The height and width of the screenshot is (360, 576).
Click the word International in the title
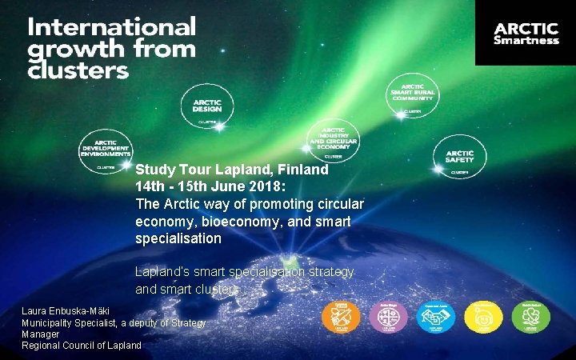pyautogui.click(x=112, y=27)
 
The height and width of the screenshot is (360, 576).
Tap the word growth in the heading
pyautogui.click(x=67, y=50)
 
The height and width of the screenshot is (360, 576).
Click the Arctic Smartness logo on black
pyautogui.click(x=526, y=32)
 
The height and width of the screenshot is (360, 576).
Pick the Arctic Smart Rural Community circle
pyautogui.click(x=412, y=97)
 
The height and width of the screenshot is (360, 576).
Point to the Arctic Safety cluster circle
pyautogui.click(x=459, y=157)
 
